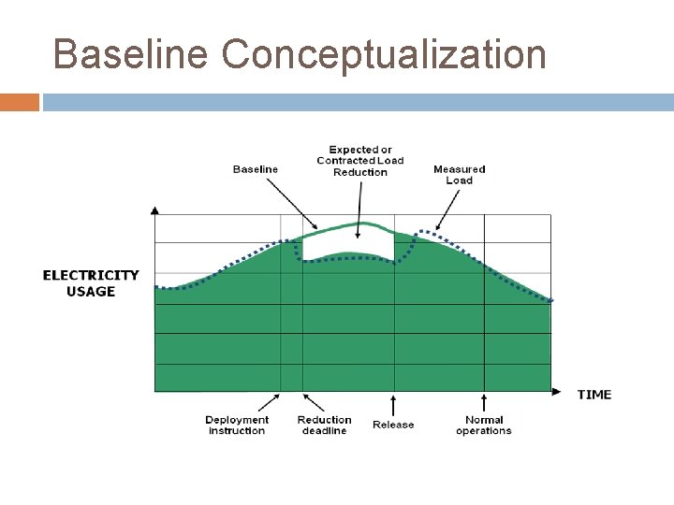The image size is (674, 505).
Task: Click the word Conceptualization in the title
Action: (x=384, y=54)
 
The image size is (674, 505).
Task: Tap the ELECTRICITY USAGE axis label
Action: (x=91, y=283)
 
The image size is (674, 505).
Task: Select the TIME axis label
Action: (x=594, y=395)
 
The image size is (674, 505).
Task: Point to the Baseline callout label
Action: (x=256, y=169)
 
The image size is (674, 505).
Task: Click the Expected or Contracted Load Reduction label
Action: (x=360, y=161)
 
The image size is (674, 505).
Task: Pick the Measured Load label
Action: (x=460, y=175)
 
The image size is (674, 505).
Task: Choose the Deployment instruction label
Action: (x=237, y=426)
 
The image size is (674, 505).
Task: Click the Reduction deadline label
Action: (x=324, y=426)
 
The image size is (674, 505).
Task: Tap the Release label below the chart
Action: (x=393, y=425)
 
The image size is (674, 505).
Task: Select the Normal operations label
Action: (x=484, y=426)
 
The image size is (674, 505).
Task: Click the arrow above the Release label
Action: (x=393, y=404)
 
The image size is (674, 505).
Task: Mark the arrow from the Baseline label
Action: (x=293, y=203)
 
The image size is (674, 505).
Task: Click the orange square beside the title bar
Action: (x=19, y=102)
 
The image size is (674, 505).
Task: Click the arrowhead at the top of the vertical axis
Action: (x=154, y=209)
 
